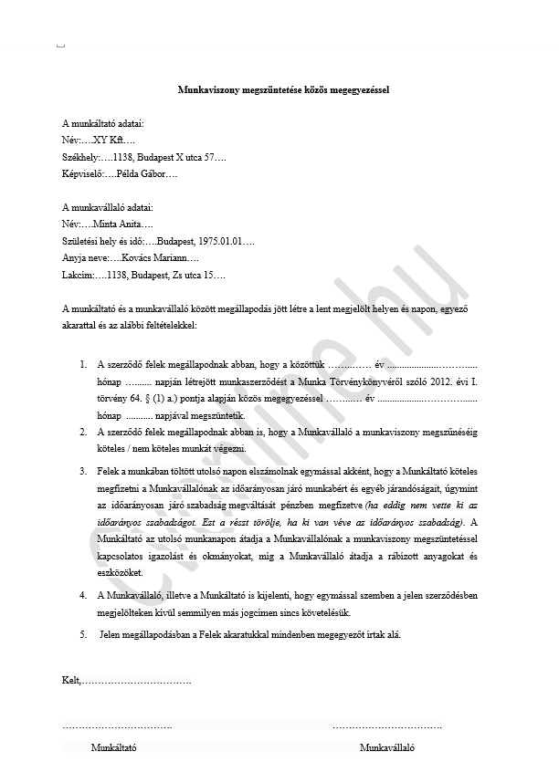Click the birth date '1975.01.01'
coord(219,241)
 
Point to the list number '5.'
coord(84,633)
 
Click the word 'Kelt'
coord(70,680)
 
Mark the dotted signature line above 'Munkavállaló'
coord(387,726)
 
